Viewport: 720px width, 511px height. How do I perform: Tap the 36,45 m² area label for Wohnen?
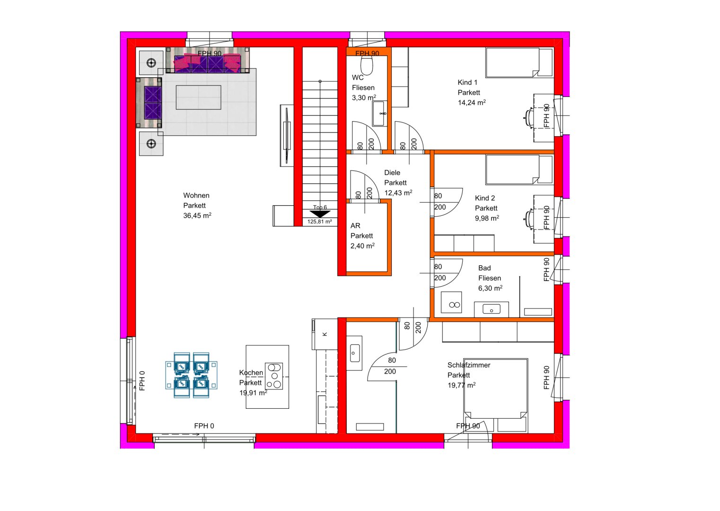click(x=197, y=215)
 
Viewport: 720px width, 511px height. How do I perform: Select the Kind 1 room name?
click(x=467, y=82)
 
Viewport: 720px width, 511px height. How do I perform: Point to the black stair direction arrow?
click(x=320, y=214)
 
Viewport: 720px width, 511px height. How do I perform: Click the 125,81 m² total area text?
click(x=319, y=221)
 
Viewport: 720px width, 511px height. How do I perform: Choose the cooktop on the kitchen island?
click(x=274, y=376)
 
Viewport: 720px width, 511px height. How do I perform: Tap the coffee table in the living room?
click(x=198, y=97)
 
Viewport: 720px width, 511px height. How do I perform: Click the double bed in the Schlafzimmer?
click(x=495, y=395)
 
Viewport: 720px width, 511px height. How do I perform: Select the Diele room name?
click(x=392, y=173)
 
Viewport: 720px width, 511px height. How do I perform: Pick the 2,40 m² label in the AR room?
click(x=362, y=246)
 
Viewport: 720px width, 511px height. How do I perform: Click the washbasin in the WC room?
click(x=379, y=114)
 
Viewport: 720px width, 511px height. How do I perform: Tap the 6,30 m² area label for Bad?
click(x=490, y=288)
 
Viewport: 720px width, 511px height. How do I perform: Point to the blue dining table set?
click(x=191, y=375)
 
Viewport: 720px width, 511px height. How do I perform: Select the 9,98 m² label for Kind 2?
click(x=487, y=218)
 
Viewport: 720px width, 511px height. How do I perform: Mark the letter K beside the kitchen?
click(x=325, y=334)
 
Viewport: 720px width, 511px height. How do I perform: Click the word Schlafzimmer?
click(x=469, y=365)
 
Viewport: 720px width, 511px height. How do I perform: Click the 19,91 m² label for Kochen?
click(x=253, y=393)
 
